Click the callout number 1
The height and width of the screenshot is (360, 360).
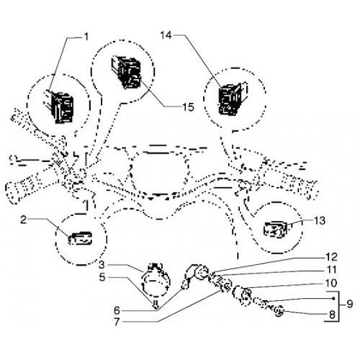coord(86,37)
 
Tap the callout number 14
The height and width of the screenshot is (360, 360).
coord(166,35)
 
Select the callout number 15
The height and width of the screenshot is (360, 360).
coord(188,107)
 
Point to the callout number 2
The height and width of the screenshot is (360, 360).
coord(23,220)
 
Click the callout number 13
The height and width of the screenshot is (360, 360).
coord(320,221)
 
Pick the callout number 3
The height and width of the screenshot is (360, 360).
coord(102,265)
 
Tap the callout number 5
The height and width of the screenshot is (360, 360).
coord(102,278)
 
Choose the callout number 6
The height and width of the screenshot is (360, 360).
coord(117,310)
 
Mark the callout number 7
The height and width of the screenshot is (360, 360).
coord(117,322)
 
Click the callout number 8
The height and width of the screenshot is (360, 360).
coord(332,315)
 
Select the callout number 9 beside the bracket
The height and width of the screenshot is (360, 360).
coord(350,304)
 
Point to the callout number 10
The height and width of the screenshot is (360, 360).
coord(331,283)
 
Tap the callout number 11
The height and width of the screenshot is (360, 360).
coord(332,270)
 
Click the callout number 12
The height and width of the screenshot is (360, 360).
coord(332,257)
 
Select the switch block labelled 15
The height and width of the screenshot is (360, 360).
coord(126,73)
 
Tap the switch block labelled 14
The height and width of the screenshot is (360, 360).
coord(233,99)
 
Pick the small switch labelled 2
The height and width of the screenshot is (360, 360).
coord(81,238)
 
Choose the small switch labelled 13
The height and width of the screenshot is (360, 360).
coord(276,230)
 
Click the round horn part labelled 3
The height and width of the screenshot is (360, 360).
coord(156,279)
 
